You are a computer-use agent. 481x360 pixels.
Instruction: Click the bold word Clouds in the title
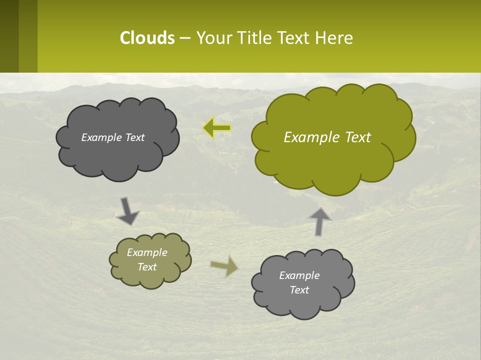147,38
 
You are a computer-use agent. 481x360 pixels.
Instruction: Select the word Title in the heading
255,38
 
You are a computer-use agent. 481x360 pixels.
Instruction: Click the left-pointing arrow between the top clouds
217,128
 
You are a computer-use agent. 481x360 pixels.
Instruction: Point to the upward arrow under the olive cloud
320,221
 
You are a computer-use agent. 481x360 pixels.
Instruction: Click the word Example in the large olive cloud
306,137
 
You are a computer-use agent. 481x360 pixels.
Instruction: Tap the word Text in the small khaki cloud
147,267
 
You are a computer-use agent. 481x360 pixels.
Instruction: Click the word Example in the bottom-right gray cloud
299,275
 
